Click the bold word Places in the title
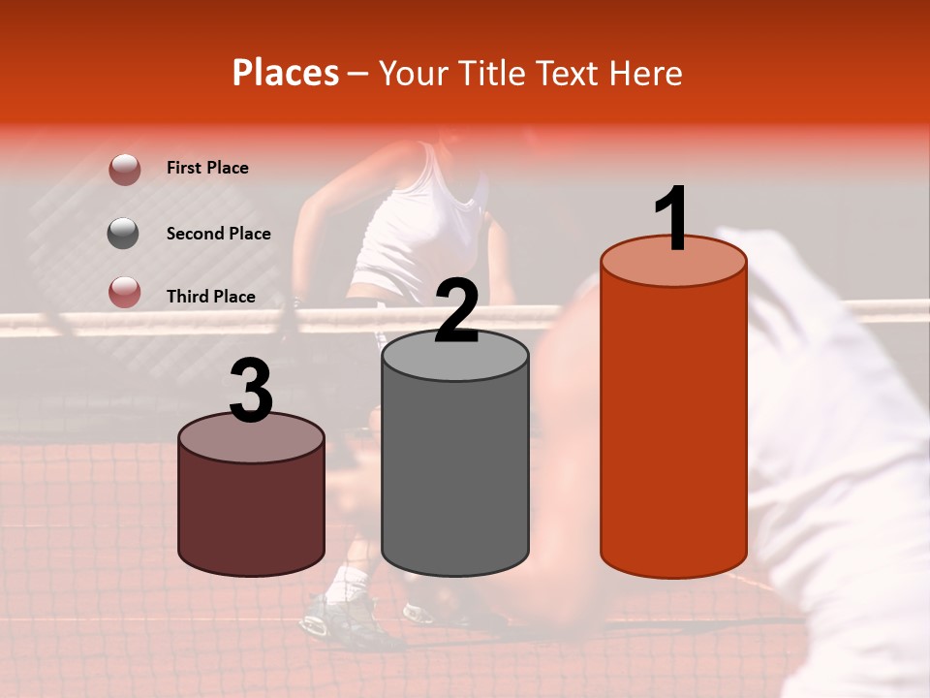tap(286, 73)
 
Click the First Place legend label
tap(207, 168)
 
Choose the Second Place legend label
tap(218, 234)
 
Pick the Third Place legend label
tap(210, 297)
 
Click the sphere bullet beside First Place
tap(124, 169)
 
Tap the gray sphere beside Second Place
tap(124, 234)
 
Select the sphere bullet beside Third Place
tap(124, 292)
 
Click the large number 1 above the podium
tap(672, 219)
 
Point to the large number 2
tap(456, 310)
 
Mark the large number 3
tap(252, 390)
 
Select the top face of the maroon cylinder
tap(252, 438)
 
